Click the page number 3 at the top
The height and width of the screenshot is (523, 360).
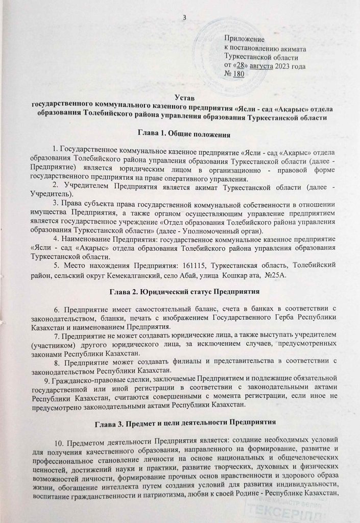point(184,19)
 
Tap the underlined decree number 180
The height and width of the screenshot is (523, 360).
point(238,74)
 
